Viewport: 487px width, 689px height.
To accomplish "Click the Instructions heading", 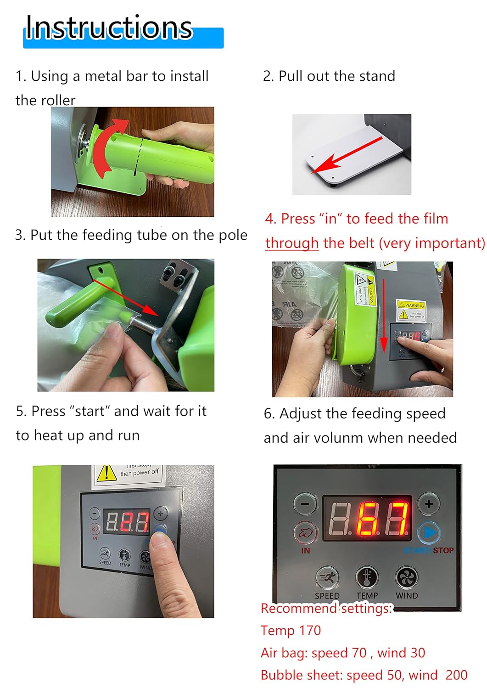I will point(109,28).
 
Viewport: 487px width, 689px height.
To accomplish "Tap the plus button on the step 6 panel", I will point(429,504).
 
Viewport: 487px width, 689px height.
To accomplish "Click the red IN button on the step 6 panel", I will point(305,533).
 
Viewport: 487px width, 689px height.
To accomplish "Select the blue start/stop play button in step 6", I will point(429,533).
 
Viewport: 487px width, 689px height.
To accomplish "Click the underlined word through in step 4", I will point(292,243).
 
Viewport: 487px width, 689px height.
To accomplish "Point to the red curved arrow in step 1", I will point(106,147).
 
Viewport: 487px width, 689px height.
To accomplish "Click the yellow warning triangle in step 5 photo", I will point(106,473).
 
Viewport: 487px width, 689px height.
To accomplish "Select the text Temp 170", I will point(291,631).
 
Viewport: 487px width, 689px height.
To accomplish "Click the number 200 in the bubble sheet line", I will point(456,675).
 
